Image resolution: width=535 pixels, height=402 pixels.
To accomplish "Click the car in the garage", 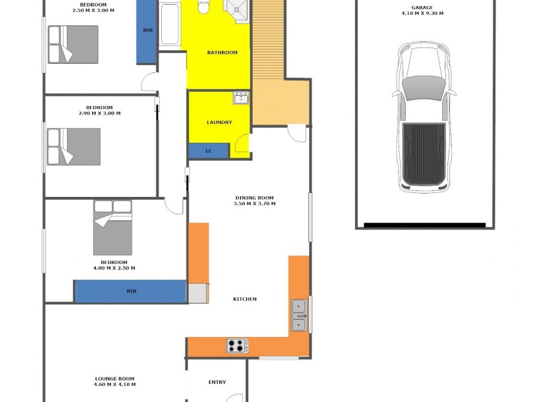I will [x=423, y=117].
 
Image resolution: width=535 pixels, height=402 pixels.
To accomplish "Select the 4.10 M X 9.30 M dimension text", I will [x=422, y=13].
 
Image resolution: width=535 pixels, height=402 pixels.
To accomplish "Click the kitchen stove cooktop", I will [x=237, y=346].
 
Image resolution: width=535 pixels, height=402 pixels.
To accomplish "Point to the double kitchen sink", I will [x=299, y=315].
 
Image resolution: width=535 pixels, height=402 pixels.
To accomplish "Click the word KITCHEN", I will [x=245, y=299].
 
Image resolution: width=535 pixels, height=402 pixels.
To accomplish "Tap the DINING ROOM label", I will [x=255, y=198].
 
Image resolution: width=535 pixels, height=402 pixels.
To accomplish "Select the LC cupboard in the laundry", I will [x=209, y=151].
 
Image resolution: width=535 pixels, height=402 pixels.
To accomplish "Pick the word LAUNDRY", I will [x=219, y=122].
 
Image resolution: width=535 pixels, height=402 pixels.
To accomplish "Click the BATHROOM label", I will [x=222, y=52].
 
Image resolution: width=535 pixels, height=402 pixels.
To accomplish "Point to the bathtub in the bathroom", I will [x=171, y=25].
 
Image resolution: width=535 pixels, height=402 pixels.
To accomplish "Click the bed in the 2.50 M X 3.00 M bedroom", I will [x=73, y=44].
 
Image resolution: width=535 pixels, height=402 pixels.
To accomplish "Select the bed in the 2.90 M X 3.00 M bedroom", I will [x=74, y=146].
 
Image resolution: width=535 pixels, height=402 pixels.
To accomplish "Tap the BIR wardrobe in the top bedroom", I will [x=146, y=31].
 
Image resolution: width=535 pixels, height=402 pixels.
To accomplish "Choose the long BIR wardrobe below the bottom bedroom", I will [x=130, y=291].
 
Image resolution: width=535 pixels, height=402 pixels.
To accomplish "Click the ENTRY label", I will [x=217, y=383].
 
